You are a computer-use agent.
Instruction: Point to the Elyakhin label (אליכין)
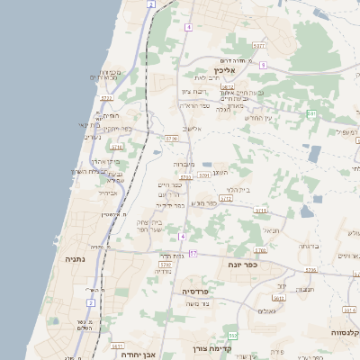[x=224, y=69]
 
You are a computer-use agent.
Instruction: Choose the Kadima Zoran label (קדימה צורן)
[x=213, y=349]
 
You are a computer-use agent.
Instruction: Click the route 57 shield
[x=193, y=255]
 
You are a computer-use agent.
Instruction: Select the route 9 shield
[x=263, y=66]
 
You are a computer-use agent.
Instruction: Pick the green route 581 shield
[x=311, y=113]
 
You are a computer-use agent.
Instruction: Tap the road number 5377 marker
[x=259, y=45]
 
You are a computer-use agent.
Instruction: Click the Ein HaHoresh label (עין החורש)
[x=257, y=118]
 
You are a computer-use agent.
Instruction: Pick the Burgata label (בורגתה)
[x=308, y=246]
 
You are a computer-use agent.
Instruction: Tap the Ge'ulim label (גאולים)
[x=265, y=311]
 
